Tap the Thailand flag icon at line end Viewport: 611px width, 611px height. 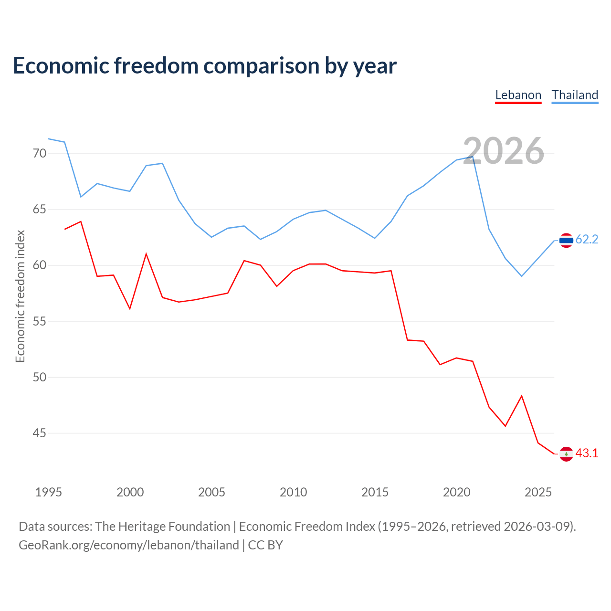[566, 240]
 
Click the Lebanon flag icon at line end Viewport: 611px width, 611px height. [566, 454]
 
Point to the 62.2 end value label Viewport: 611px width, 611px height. [587, 240]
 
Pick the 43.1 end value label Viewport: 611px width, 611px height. [587, 453]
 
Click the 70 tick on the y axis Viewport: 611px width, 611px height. [40, 153]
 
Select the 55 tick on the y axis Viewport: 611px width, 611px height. [40, 322]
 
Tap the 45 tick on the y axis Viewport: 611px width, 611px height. [40, 433]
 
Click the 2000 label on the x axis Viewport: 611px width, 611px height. [130, 493]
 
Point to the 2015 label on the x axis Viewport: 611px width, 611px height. [375, 493]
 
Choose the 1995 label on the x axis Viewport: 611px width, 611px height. [49, 493]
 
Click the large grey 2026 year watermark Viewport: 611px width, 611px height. [504, 151]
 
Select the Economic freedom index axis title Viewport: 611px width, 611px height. [21, 296]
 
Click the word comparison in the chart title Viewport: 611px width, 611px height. [261, 66]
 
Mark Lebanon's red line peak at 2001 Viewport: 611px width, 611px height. [146, 253]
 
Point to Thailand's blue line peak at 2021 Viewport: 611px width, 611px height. [473, 157]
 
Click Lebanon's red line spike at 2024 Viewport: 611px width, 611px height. [522, 396]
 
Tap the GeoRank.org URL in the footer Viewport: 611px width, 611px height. [129, 545]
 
